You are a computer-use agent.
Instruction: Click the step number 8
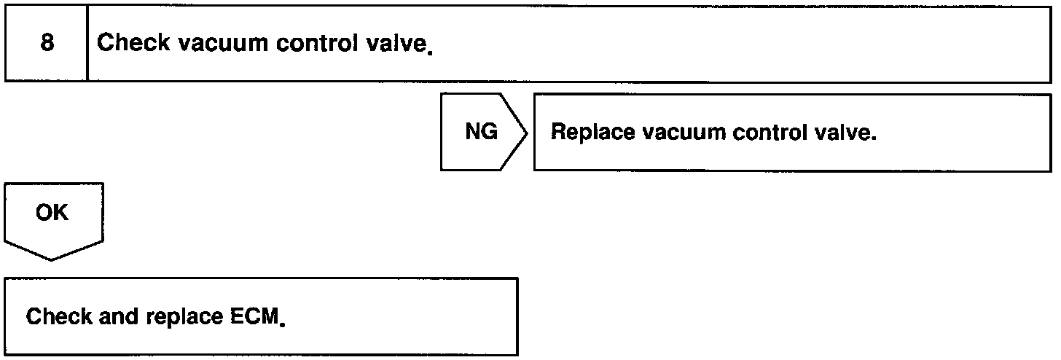click(x=47, y=43)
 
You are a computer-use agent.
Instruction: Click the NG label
click(x=482, y=133)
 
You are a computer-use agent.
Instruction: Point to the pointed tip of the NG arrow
click(x=525, y=133)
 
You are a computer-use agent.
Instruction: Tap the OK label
click(x=52, y=214)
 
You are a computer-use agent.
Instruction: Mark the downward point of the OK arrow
click(x=53, y=259)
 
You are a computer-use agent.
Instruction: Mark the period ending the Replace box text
click(x=873, y=139)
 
